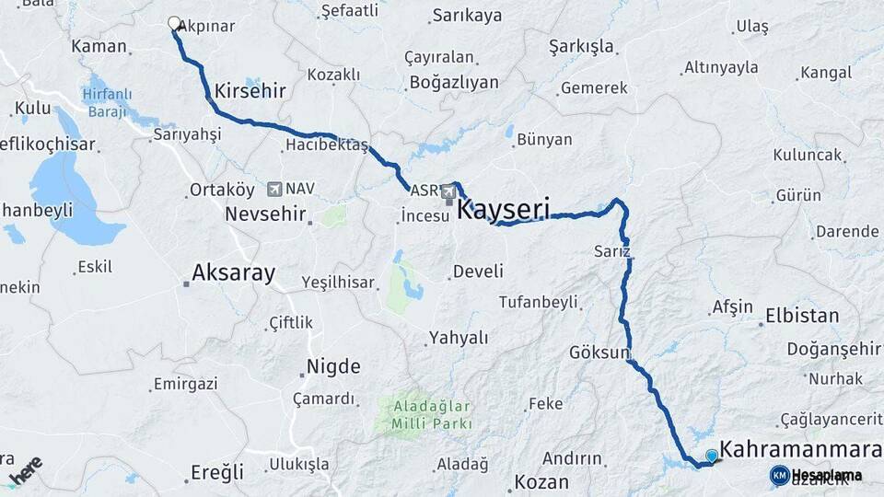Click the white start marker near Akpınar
tap(174, 23)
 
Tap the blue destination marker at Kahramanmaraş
tap(711, 456)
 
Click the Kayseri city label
tap(503, 211)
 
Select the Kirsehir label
tap(250, 91)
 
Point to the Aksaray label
tap(233, 273)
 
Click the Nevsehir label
tap(266, 214)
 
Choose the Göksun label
tap(599, 353)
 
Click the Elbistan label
tap(802, 316)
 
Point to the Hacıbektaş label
tap(326, 145)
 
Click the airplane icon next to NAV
tap(273, 189)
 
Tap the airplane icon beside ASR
tap(448, 191)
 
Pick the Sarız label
tap(612, 250)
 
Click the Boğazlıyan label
tap(454, 82)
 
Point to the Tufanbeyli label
tap(538, 302)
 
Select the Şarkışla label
tap(581, 46)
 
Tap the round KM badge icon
tap(780, 475)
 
